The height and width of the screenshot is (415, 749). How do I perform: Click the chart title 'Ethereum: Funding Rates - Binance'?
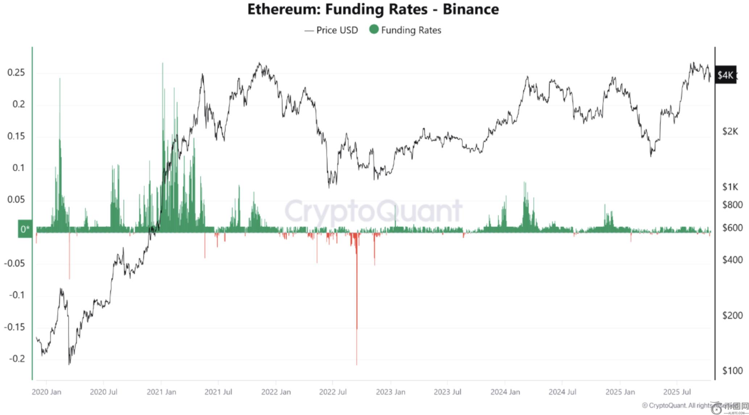tap(373, 9)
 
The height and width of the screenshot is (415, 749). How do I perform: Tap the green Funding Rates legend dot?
tap(374, 29)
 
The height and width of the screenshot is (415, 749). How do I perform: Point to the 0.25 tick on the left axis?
tap(16, 73)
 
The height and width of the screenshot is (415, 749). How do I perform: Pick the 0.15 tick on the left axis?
tap(16, 136)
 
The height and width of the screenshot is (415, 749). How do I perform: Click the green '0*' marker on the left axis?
tap(25, 229)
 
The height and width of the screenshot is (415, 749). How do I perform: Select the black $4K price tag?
tap(725, 75)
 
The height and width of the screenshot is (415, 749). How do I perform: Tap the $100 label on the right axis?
tap(730, 370)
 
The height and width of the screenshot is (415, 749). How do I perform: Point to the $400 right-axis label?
tap(730, 260)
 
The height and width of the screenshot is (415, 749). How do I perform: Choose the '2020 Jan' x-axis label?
tap(46, 392)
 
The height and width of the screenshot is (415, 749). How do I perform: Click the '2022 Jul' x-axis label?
tap(333, 392)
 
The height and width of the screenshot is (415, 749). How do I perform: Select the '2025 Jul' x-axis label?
tap(677, 392)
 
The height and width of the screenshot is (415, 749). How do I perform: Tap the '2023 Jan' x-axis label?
tap(390, 392)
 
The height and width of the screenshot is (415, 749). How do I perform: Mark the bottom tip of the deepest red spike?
tap(357, 364)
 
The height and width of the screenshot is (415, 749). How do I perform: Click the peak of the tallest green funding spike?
tap(162, 63)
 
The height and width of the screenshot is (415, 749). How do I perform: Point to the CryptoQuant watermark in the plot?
tap(373, 211)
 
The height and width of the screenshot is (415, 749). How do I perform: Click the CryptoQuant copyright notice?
tap(682, 405)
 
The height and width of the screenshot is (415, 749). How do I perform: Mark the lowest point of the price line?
tap(69, 364)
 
